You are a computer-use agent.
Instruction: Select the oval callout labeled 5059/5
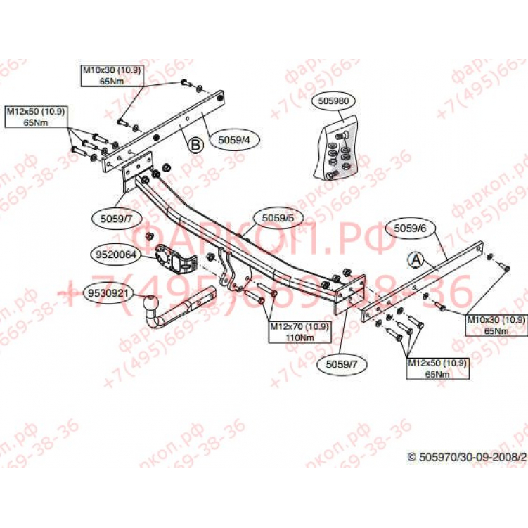[278, 219]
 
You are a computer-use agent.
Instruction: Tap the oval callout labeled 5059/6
[411, 228]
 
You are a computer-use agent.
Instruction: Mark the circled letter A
[416, 260]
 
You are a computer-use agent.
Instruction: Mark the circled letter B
[195, 145]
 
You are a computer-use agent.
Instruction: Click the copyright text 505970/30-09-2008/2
[467, 456]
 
